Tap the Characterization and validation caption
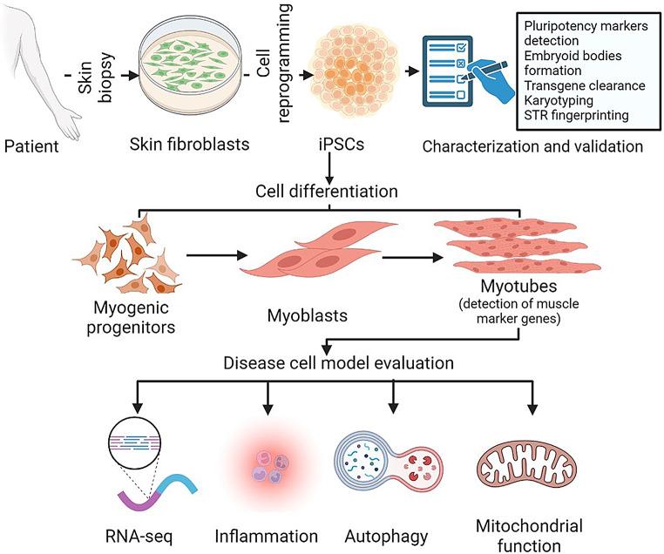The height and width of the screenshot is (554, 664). (x=532, y=145)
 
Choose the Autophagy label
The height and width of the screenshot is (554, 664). (x=390, y=533)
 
